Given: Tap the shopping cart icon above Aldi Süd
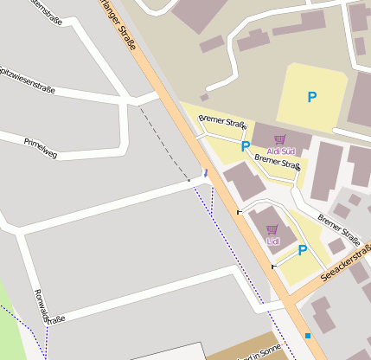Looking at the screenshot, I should point(278,139).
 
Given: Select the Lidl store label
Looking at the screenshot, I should point(272,241).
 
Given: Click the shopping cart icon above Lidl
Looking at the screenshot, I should point(272,230).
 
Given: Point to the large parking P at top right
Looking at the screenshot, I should point(311,98).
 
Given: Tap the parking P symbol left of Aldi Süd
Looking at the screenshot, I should point(246,146).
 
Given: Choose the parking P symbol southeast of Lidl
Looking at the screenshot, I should point(302,250).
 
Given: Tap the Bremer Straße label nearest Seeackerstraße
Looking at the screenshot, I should point(338,229).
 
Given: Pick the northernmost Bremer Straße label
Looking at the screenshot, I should point(222,122).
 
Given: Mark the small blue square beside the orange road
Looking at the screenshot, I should point(308,335).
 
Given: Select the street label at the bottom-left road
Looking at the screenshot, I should point(48,307).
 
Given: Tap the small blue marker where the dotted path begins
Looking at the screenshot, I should point(205,174).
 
